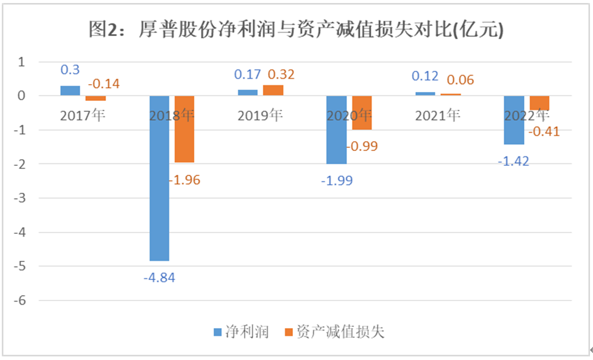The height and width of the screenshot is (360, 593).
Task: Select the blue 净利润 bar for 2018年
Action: [159, 178]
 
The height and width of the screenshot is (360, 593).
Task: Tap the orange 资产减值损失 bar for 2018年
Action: [185, 129]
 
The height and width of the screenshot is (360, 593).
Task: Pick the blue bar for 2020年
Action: [336, 130]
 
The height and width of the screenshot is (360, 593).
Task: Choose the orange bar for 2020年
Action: [361, 113]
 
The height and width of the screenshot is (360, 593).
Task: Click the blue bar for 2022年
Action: [514, 120]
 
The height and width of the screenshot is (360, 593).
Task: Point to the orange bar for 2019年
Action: [273, 90]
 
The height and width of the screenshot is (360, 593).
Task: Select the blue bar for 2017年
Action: [70, 91]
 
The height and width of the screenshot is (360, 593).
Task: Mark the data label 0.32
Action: [281, 75]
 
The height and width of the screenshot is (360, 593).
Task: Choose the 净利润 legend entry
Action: [241, 331]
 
